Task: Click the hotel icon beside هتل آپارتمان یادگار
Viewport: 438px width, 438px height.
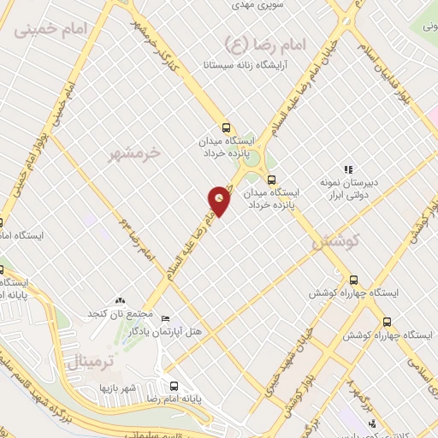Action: coord(165,317)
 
